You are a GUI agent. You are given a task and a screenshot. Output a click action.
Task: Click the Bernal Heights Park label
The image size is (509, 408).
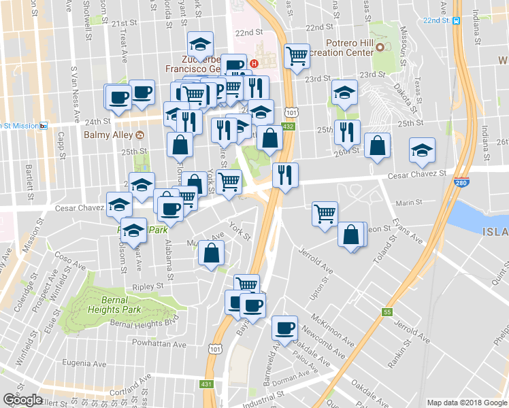click(x=114, y=305)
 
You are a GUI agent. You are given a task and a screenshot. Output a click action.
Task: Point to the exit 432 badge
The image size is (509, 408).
click(x=289, y=126)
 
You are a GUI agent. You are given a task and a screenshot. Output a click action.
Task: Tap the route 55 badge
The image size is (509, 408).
click(x=387, y=312)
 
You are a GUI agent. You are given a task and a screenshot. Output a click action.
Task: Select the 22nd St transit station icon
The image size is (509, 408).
click(x=456, y=20)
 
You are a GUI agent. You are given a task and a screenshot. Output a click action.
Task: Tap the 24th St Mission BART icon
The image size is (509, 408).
click(x=43, y=125)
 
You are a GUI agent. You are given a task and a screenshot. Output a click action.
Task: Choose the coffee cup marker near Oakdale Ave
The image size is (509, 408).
click(x=284, y=327)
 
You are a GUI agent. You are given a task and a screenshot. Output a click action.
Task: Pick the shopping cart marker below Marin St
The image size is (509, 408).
click(x=325, y=213)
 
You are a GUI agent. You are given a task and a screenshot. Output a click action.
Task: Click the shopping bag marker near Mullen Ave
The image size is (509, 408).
click(x=212, y=253)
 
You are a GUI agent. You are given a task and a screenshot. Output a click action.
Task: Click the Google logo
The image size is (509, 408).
click(x=22, y=400)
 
